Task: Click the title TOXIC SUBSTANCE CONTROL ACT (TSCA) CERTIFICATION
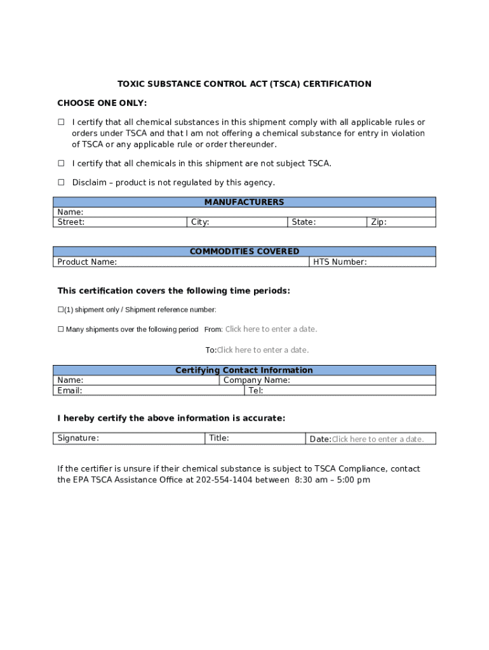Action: pyautogui.click(x=244, y=84)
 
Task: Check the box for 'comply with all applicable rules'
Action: pyautogui.click(x=62, y=122)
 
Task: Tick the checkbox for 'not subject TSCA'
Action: pyautogui.click(x=62, y=163)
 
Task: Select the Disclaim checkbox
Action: pyautogui.click(x=62, y=182)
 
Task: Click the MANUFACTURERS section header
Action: pyautogui.click(x=244, y=202)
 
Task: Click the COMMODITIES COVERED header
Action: pyautogui.click(x=244, y=251)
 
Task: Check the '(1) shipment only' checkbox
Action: pyautogui.click(x=61, y=310)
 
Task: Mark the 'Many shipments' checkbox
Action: pyautogui.click(x=61, y=329)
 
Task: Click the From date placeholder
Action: pyautogui.click(x=271, y=329)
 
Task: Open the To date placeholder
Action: pyautogui.click(x=263, y=350)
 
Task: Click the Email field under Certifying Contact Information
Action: pyautogui.click(x=149, y=390)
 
